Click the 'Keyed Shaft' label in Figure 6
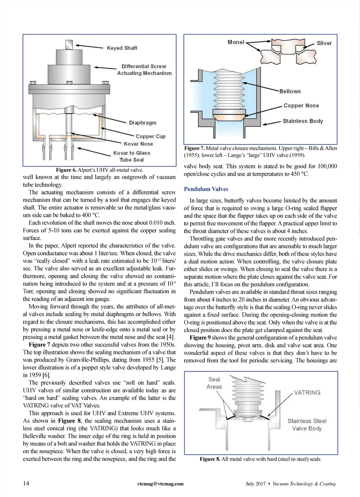[x=122, y=48]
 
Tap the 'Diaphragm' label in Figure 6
[x=142, y=123]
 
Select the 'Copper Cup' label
[x=150, y=136]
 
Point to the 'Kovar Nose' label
[x=138, y=144]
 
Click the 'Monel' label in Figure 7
[x=236, y=42]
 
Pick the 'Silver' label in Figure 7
[x=324, y=43]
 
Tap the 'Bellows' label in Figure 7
[x=290, y=91]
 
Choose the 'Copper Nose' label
[x=301, y=105]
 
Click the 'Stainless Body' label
[x=303, y=121]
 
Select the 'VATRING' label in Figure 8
[x=307, y=393]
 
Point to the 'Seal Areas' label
[x=214, y=383]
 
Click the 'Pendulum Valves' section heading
[x=206, y=189]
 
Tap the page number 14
[x=26, y=483]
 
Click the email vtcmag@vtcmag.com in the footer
[x=160, y=484]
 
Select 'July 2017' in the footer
[x=256, y=484]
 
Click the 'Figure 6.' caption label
[x=66, y=170]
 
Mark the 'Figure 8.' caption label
[x=210, y=459]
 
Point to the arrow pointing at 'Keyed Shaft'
[x=89, y=46]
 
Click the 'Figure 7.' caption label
[x=194, y=148]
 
